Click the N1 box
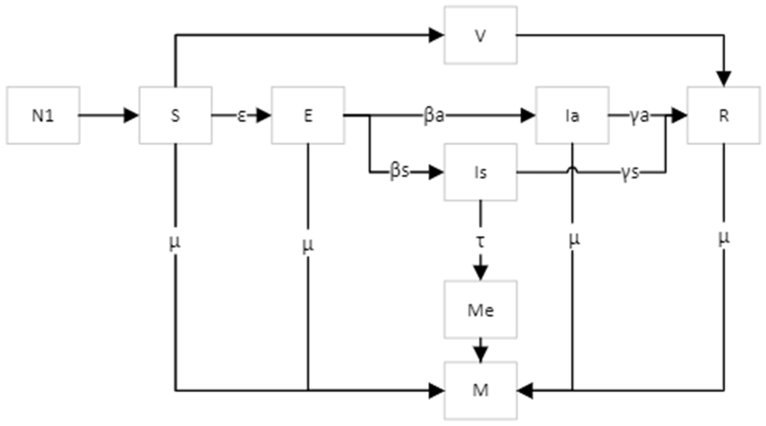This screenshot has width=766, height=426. click(x=43, y=115)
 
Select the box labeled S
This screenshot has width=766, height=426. click(x=176, y=115)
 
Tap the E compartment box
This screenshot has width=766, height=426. click(x=308, y=115)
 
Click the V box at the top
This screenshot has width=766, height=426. click(x=480, y=35)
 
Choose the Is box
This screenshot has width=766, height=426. click(x=480, y=172)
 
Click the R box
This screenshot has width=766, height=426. click(x=724, y=115)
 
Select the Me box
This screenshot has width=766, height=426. click(x=480, y=309)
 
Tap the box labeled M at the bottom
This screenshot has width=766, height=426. click(x=480, y=390)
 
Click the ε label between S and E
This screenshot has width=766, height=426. click(x=242, y=116)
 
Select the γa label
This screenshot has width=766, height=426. click(x=639, y=115)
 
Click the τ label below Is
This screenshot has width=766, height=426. click(x=480, y=241)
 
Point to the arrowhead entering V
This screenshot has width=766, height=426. click(x=436, y=35)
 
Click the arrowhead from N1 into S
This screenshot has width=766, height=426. click(x=131, y=115)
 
